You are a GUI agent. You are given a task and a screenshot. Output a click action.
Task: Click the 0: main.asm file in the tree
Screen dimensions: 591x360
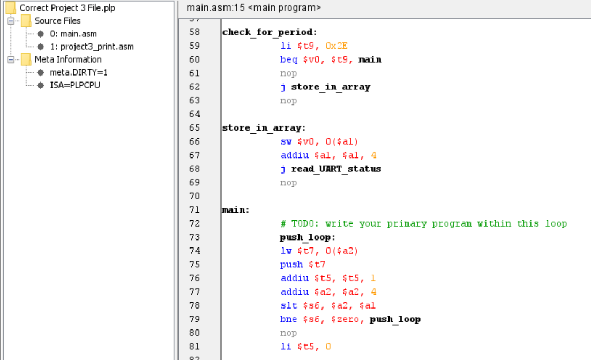coord(74,34)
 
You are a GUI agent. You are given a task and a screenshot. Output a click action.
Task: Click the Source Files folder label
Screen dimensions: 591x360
coord(57,21)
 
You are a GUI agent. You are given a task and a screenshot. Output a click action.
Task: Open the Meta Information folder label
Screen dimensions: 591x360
coord(68,59)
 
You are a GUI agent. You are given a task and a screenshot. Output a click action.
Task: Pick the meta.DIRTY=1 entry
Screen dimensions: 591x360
coord(78,72)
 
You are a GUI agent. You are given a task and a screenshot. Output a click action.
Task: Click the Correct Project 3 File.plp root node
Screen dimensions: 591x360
coord(67,8)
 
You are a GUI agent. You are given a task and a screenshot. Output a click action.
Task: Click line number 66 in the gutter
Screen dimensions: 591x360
coord(194,141)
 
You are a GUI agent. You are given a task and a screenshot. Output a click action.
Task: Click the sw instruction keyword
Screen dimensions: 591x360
coord(286,141)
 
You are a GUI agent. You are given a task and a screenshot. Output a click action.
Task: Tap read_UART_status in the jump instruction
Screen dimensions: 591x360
coord(336,169)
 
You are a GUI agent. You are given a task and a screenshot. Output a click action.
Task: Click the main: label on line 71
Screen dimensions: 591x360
coord(236,210)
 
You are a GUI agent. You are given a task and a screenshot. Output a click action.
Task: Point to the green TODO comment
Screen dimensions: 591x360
coord(423,223)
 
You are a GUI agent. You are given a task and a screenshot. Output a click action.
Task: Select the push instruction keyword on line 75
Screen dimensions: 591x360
coord(291,265)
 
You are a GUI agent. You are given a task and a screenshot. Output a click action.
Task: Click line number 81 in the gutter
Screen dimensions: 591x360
coord(194,347)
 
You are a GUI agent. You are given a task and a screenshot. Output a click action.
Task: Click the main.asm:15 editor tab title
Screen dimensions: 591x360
coord(253,8)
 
